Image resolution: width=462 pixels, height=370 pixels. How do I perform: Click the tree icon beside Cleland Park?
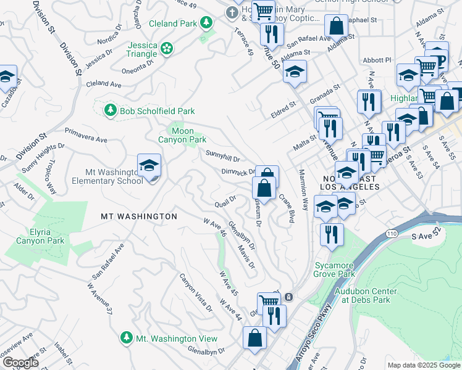point(206,23)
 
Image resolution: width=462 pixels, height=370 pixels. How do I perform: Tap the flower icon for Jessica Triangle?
point(166,47)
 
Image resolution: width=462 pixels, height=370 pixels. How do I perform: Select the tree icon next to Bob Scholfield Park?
point(111,110)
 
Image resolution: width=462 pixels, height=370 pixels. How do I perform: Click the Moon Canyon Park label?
point(182,135)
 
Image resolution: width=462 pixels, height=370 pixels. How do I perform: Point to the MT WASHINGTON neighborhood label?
point(139,216)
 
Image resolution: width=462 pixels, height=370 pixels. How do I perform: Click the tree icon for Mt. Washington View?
point(127,338)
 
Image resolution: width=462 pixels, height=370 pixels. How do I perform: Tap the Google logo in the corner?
point(20,362)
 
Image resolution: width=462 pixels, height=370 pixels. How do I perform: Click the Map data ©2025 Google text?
point(422,365)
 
